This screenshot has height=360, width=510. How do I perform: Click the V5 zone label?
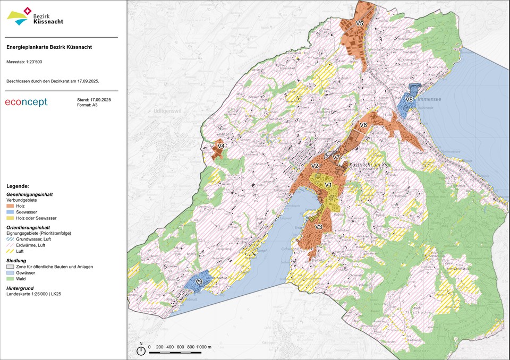360,24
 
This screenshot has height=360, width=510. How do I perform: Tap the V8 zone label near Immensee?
410,99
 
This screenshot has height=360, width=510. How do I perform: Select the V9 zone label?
199,281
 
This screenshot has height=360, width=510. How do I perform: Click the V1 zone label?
328,185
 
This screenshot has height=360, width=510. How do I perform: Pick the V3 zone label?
319,227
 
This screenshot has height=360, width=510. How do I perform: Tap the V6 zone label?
363,125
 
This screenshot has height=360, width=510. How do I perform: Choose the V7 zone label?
336,157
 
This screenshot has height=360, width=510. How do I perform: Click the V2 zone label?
314,166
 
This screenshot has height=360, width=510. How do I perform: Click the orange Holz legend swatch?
10,205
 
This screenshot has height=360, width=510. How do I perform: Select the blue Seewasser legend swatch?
10,212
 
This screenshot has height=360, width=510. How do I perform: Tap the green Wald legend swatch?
10,278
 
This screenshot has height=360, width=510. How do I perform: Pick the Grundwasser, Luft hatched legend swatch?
10,239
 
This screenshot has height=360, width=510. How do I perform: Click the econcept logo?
26,102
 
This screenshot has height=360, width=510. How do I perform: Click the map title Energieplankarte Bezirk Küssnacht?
49,47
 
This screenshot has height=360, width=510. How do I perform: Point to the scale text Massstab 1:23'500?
24,62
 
